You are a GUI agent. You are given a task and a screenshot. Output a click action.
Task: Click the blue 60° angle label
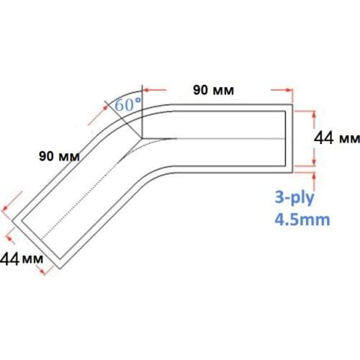click(128, 105)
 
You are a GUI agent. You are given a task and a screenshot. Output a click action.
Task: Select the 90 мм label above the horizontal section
click(215, 90)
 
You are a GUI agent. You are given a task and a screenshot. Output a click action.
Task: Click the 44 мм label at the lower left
click(21, 257)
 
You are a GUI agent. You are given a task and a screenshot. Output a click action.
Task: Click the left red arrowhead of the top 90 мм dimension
click(145, 90)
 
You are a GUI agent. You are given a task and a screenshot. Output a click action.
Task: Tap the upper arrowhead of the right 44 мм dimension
click(315, 114)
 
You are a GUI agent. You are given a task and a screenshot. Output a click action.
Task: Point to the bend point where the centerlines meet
click(142, 138)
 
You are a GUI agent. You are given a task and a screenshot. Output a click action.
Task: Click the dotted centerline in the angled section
click(86, 187)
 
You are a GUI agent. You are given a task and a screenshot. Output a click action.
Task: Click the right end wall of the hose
click(292, 138)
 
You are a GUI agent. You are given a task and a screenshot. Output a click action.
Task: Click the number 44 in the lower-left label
click(11, 257)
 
